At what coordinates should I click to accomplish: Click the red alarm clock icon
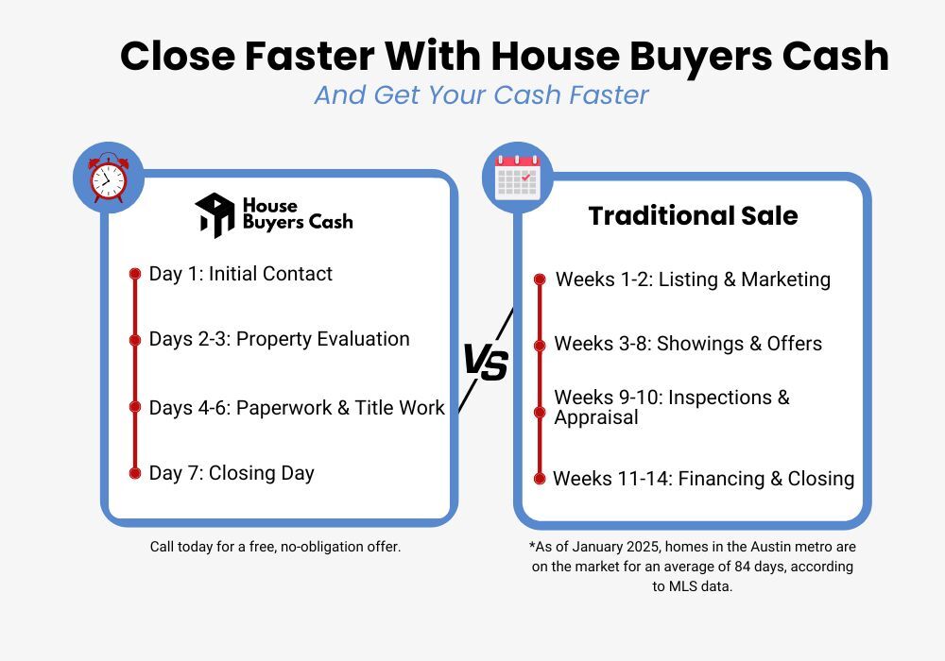pyautogui.click(x=108, y=177)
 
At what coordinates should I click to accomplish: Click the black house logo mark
pyautogui.click(x=215, y=215)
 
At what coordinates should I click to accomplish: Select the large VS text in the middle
pyautogui.click(x=486, y=362)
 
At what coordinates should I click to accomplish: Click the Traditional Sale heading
pyautogui.click(x=693, y=215)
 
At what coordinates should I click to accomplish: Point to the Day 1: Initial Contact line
pyautogui.click(x=241, y=274)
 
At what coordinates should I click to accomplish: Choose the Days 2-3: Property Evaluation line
pyautogui.click(x=280, y=339)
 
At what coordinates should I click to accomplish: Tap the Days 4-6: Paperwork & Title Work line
pyautogui.click(x=297, y=408)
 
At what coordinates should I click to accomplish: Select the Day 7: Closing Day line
pyautogui.click(x=232, y=473)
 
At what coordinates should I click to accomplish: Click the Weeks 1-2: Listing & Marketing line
pyautogui.click(x=693, y=280)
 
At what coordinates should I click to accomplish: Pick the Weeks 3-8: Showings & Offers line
pyautogui.click(x=688, y=344)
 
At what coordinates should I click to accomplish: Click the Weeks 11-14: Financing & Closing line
pyautogui.click(x=703, y=479)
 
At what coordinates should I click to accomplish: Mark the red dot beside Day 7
pyautogui.click(x=135, y=473)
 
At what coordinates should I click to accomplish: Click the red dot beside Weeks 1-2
pyautogui.click(x=540, y=280)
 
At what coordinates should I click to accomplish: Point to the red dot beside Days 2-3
pyautogui.click(x=135, y=340)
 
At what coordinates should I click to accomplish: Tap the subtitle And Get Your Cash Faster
pyautogui.click(x=481, y=95)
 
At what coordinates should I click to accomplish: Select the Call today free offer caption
pyautogui.click(x=276, y=547)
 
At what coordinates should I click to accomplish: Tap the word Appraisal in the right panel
pyautogui.click(x=596, y=417)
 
